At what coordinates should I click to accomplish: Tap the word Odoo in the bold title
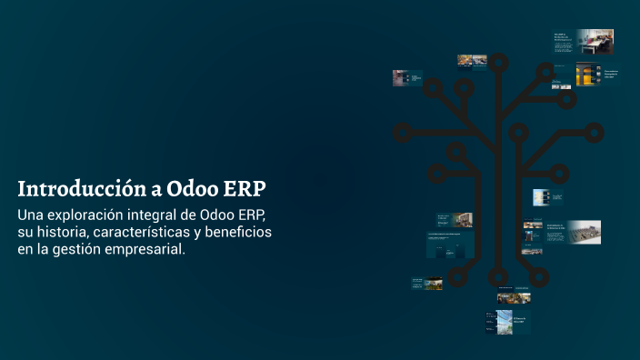[x=190, y=189]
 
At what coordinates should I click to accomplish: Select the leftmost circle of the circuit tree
[x=402, y=133]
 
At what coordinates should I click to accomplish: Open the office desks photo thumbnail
[x=595, y=41]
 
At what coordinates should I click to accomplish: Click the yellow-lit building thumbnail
[x=586, y=74]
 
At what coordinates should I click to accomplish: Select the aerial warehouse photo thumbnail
[x=585, y=232]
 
